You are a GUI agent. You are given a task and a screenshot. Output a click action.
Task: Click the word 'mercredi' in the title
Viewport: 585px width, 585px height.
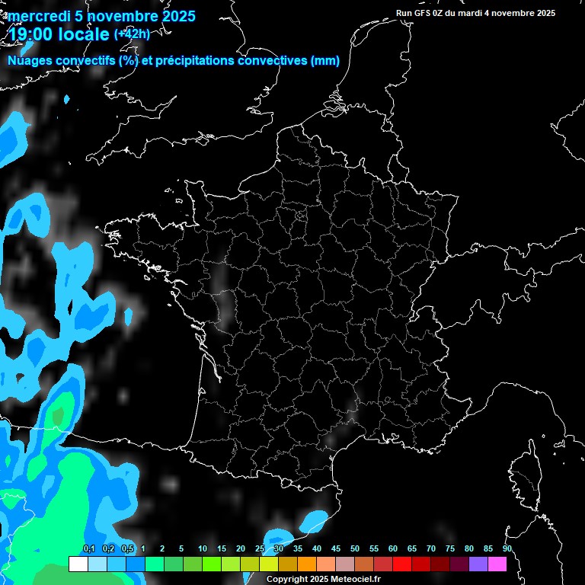39,16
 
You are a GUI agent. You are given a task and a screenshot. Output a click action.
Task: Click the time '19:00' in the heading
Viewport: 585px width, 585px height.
30,35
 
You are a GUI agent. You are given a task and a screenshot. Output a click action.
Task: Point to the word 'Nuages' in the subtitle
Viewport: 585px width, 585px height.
30,61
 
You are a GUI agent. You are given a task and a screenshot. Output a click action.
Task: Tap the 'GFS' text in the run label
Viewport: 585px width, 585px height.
424,13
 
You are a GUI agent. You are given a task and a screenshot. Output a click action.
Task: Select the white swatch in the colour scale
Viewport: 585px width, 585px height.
78,564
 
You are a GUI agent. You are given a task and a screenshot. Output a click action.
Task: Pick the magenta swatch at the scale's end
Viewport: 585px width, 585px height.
497,564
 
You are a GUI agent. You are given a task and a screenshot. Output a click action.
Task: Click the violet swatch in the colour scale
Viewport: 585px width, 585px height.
478,564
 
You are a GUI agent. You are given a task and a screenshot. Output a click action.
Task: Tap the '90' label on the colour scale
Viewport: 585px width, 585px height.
507,548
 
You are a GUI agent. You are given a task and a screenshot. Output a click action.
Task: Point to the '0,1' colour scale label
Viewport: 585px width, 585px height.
88,548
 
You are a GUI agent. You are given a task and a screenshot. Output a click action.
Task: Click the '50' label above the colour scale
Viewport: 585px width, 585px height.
355,548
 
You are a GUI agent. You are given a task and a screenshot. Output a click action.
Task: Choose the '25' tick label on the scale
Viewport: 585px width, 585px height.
260,548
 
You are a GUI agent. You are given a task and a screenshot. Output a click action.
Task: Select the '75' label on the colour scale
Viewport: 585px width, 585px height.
450,548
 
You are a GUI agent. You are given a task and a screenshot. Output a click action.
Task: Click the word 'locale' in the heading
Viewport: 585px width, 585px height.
84,35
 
